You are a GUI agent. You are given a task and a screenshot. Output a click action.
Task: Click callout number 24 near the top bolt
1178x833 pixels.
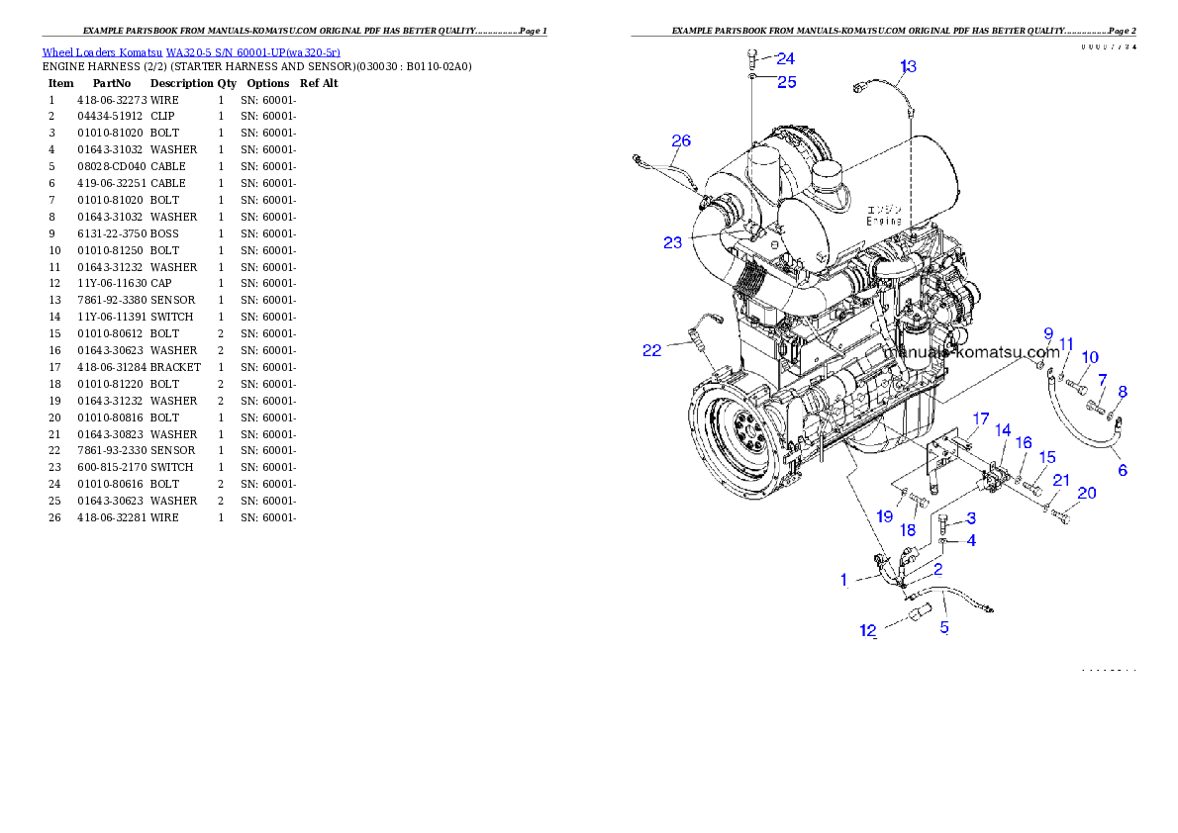coord(784,59)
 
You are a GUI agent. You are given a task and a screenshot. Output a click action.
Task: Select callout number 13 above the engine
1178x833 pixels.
coord(907,67)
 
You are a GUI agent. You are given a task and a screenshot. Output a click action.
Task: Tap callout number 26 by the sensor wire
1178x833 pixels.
coord(681,141)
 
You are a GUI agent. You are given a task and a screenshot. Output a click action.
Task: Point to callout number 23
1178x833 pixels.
coord(673,242)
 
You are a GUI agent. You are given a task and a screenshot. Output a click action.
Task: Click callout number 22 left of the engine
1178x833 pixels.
coord(651,350)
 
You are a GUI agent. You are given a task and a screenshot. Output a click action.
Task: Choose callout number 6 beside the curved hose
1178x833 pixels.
coord(1123,470)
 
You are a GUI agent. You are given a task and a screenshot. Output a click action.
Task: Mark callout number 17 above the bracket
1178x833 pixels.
coord(980,417)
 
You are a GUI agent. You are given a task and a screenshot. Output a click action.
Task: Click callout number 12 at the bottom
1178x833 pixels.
coord(868,631)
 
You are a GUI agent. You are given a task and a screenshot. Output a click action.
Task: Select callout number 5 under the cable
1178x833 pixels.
coord(944,627)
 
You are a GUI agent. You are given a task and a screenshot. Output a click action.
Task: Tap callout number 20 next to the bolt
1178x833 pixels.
coord(1086,493)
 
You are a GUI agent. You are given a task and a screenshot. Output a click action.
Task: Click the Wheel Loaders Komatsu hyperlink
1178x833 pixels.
coord(191,52)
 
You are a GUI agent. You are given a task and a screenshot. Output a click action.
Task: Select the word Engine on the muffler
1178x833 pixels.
coord(883,222)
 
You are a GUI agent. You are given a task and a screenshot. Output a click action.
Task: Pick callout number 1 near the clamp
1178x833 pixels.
coord(844,580)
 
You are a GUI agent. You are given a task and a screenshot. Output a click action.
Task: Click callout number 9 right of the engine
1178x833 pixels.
coord(1047,333)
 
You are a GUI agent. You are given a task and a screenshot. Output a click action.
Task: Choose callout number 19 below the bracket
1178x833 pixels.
coord(884,516)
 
